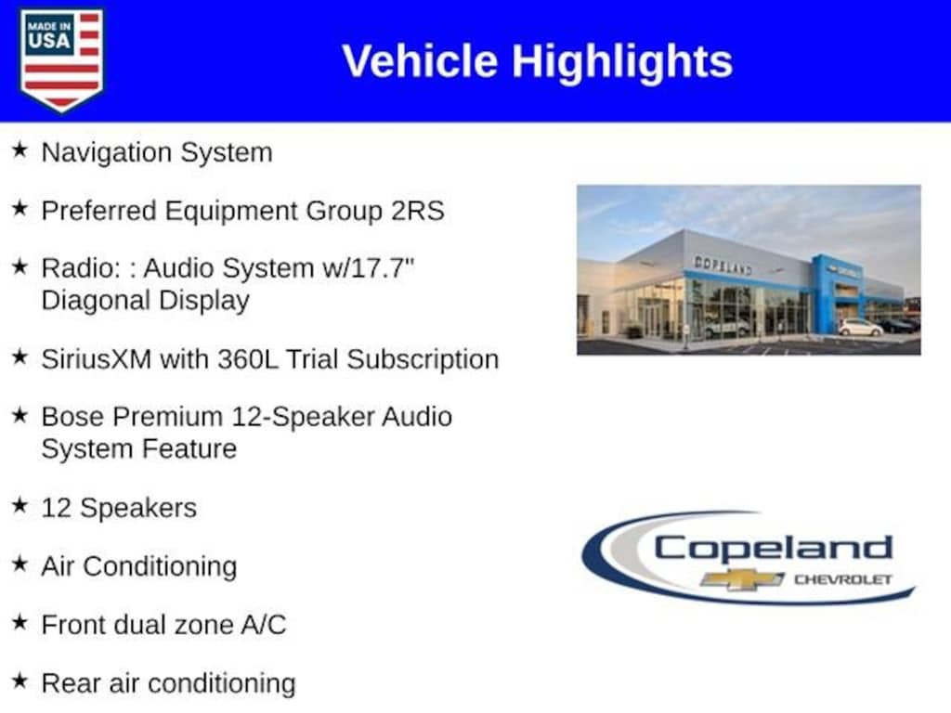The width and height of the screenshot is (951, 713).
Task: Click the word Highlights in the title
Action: (x=622, y=62)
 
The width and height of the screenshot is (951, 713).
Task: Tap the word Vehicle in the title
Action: (x=421, y=61)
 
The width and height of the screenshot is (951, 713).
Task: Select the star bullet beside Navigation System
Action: (x=20, y=149)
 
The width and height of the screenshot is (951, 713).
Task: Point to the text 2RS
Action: (x=418, y=211)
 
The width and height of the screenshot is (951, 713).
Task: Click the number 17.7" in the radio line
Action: (x=382, y=268)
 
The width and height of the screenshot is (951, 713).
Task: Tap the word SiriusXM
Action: (x=97, y=359)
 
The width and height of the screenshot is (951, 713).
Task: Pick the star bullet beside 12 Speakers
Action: (x=20, y=505)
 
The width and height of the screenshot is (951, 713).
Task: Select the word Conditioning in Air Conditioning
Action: (x=160, y=567)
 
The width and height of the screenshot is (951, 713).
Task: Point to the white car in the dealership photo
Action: (x=860, y=328)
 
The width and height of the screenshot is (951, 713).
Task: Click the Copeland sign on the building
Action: (x=723, y=265)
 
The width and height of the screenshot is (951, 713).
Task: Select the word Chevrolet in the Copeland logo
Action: (x=842, y=579)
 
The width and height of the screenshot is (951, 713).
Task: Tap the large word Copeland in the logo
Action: (x=774, y=548)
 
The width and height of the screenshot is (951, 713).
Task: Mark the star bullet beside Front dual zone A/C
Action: (x=20, y=623)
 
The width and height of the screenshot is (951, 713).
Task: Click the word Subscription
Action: (x=423, y=359)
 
